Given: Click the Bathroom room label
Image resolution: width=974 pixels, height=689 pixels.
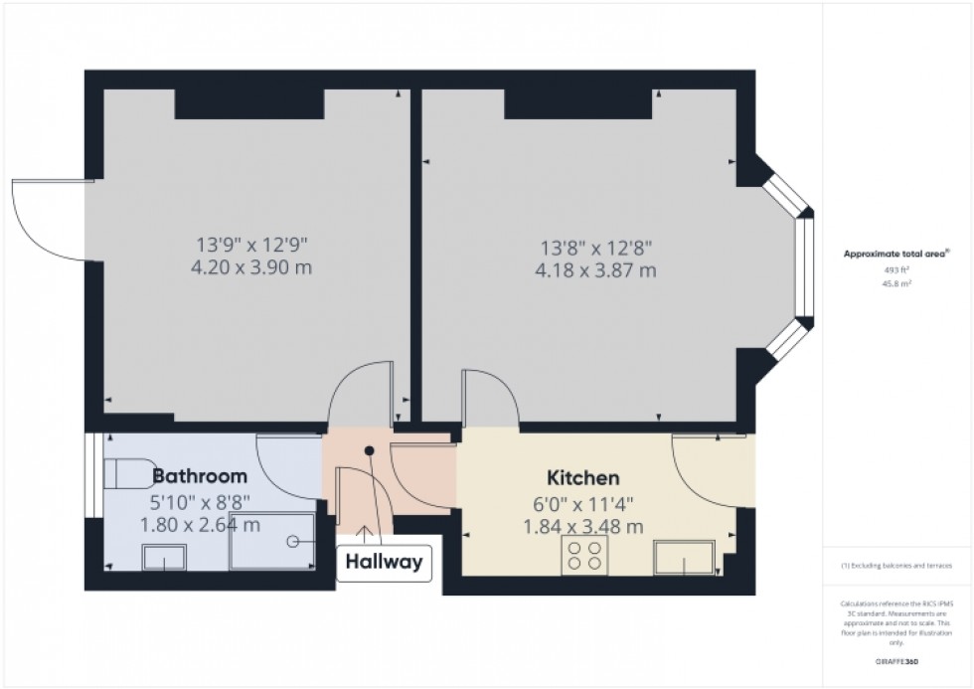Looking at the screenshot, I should pyautogui.click(x=199, y=476).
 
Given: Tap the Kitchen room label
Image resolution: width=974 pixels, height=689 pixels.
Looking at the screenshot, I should pyautogui.click(x=583, y=478).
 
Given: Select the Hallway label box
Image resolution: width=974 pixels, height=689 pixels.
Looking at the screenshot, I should pyautogui.click(x=384, y=562).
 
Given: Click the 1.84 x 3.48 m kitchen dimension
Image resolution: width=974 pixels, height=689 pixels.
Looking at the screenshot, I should pyautogui.click(x=583, y=526).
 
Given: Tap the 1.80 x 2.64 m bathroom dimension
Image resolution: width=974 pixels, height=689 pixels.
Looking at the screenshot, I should pyautogui.click(x=199, y=524).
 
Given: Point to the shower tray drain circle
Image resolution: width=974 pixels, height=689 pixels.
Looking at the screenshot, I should pyautogui.click(x=294, y=542).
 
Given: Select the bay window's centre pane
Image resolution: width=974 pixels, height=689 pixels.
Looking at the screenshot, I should pyautogui.click(x=806, y=267).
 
